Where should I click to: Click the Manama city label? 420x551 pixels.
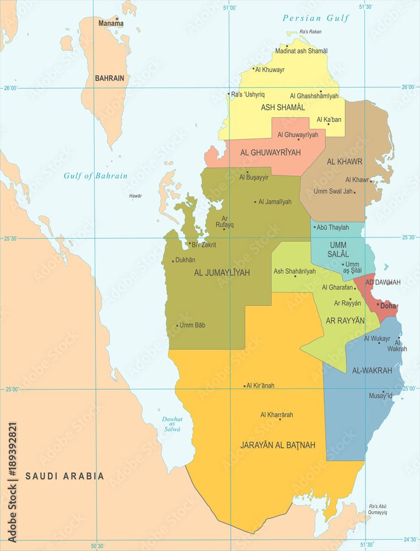click(111, 24)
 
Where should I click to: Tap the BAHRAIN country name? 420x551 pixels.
click(110, 78)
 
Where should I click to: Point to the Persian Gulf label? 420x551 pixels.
click(316, 18)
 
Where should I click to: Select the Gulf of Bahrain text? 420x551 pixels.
click(95, 176)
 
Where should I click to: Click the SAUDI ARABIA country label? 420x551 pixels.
click(64, 476)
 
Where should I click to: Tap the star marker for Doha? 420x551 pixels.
click(378, 304)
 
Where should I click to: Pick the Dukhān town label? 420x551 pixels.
click(185, 260)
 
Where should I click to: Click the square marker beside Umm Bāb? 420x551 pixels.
click(177, 325)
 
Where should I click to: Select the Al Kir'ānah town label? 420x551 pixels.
click(260, 386)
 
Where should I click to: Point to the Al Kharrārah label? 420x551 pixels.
click(277, 414)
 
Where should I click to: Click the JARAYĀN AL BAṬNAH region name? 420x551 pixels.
click(278, 445)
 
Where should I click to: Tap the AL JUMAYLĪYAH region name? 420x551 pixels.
click(222, 273)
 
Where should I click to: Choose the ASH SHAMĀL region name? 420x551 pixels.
click(283, 107)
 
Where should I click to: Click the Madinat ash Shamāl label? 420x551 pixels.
click(301, 51)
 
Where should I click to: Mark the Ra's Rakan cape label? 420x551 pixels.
click(310, 32)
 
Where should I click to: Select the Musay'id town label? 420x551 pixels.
click(380, 396)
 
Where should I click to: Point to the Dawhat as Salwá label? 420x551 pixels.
click(172, 424)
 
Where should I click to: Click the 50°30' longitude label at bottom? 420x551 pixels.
click(97, 546)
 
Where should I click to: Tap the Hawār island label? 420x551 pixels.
click(135, 196)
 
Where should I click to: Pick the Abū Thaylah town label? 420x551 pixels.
click(332, 228)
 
